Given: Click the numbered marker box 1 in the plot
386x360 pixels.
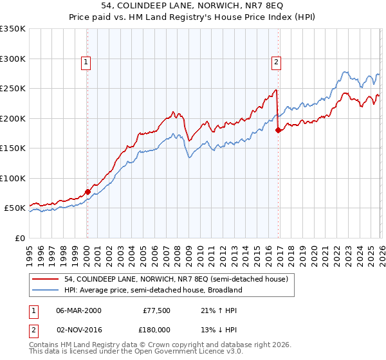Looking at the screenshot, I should pyautogui.click(x=86, y=62).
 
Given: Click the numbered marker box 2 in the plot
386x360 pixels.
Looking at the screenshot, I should pyautogui.click(x=275, y=62).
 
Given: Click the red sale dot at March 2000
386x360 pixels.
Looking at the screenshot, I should pyautogui.click(x=87, y=192).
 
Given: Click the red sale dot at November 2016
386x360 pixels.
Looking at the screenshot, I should pyautogui.click(x=278, y=130).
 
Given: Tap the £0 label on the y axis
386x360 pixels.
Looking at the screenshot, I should pyautogui.click(x=19, y=238).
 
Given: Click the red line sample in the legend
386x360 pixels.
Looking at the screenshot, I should pyautogui.click(x=46, y=279).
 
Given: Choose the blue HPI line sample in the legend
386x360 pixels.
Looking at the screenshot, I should pyautogui.click(x=46, y=290).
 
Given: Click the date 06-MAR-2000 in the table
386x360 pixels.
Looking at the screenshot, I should pyautogui.click(x=78, y=310).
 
